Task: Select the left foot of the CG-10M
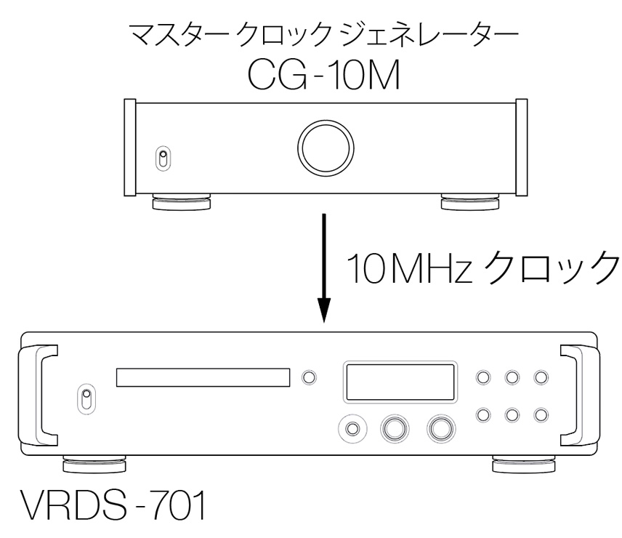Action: pos(182,201)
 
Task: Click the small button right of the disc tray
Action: pos(310,377)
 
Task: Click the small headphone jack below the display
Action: pos(352,429)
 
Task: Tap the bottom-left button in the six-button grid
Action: pos(482,413)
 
